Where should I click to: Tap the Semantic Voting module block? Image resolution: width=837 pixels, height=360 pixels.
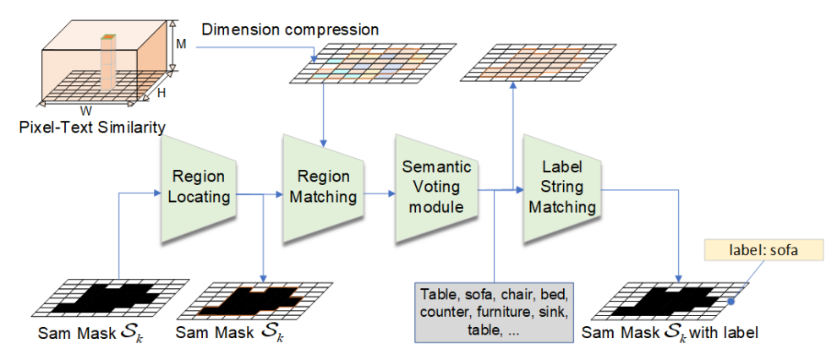pyautogui.click(x=434, y=187)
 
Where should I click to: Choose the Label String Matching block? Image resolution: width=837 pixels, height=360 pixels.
pyautogui.click(x=561, y=187)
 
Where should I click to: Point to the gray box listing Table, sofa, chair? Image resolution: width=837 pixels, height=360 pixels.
pyautogui.click(x=495, y=312)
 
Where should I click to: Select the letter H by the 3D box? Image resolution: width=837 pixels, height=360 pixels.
pyautogui.click(x=161, y=93)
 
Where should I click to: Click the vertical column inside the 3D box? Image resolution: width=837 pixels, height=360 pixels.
pyautogui.click(x=107, y=63)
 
